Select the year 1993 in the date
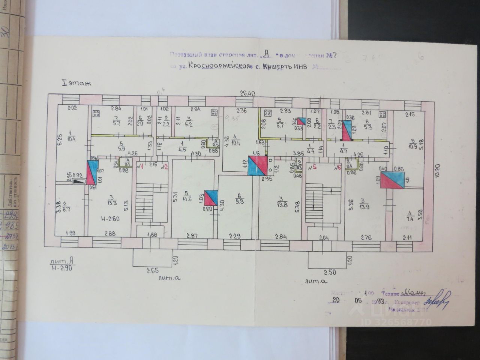tap(381, 301)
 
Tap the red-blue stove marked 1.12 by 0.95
tap(258, 166)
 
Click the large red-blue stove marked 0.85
tap(393, 180)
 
